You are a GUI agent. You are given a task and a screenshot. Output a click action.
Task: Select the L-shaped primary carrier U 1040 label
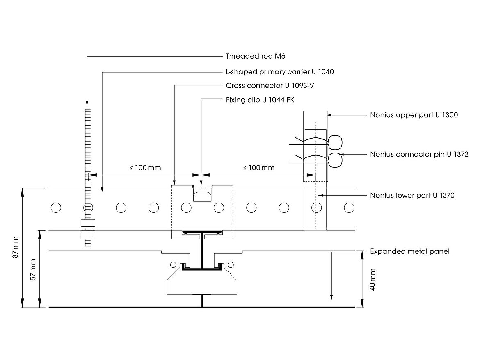280,72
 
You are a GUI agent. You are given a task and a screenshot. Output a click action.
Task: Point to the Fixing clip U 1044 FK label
260,100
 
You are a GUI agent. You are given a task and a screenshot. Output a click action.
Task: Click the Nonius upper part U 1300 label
414,115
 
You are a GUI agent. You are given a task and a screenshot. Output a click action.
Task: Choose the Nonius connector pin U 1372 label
419,155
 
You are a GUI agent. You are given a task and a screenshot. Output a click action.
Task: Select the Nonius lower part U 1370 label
412,196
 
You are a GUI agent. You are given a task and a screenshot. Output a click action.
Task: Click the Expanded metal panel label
409,251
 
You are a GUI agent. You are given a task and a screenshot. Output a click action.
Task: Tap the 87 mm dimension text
16,247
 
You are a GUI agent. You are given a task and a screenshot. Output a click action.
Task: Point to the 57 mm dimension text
34,269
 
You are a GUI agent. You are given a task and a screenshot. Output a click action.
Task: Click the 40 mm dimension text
373,280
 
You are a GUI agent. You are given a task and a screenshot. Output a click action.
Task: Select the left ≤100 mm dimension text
145,168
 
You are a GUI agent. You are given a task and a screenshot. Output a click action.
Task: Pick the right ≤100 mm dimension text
259,168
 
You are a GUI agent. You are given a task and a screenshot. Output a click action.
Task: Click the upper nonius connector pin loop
335,142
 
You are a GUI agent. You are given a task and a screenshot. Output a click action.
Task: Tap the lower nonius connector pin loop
335,160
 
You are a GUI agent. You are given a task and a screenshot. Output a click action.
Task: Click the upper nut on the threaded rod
87,223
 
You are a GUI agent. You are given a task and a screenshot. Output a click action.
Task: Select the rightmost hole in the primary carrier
349,208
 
